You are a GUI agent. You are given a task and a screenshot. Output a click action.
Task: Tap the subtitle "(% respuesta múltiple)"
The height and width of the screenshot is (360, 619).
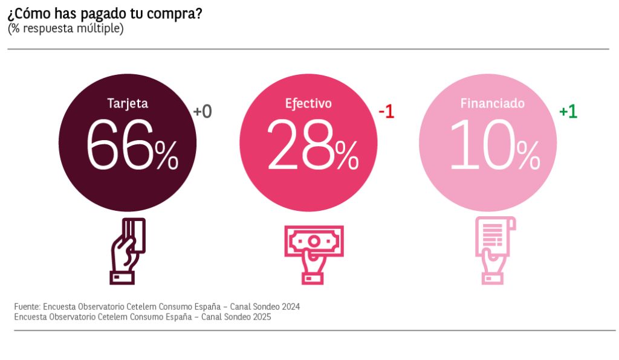tap(66, 28)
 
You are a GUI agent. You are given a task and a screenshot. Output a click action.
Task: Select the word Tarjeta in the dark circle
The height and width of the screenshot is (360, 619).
tap(128, 103)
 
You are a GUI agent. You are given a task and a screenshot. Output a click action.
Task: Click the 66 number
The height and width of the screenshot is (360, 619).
tap(120, 146)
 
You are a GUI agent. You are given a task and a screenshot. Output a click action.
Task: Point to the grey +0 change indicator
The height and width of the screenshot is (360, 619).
tap(203, 112)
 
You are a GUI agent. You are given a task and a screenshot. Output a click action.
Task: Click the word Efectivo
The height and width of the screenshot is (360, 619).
tap(308, 103)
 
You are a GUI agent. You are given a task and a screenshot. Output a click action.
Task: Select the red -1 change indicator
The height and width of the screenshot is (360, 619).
tap(386, 112)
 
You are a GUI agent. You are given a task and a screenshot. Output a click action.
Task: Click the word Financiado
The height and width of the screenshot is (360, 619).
tap(492, 103)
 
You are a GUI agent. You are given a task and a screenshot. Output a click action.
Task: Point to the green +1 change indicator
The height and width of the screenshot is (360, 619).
tap(568, 112)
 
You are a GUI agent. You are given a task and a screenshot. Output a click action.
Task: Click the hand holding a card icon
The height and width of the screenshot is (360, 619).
tap(128, 250)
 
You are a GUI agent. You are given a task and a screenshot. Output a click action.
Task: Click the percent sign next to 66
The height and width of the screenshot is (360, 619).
tap(166, 155)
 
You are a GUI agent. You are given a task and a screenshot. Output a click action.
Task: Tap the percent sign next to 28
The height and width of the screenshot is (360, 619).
tap(347, 155)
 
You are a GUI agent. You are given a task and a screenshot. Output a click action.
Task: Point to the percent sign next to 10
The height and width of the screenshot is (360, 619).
tap(528, 155)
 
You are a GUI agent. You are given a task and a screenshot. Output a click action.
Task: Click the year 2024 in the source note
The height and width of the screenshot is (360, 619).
tap(290, 307)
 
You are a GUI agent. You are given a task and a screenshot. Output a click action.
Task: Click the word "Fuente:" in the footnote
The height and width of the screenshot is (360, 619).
tap(28, 307)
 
